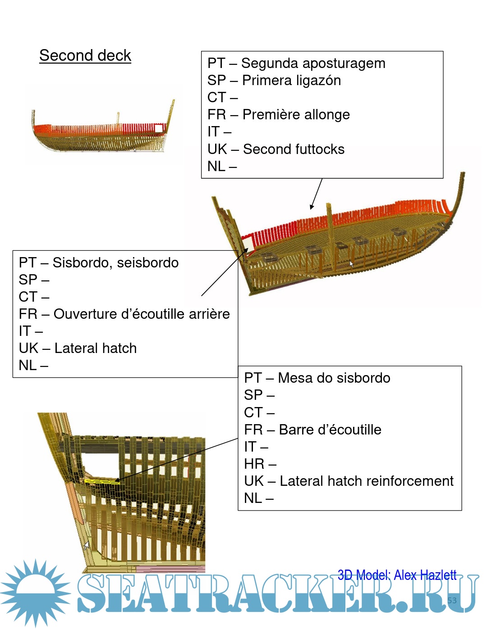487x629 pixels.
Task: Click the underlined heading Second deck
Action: coord(85,55)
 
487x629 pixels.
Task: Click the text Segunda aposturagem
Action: coord(313,63)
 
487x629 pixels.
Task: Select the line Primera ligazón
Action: coord(291,81)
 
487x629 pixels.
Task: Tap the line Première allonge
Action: coord(296,115)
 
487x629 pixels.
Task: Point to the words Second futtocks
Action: coord(294,149)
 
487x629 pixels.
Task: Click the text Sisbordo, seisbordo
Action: coord(115,263)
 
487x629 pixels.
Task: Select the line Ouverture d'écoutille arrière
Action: coord(142,314)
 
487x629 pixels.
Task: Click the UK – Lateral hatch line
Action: coord(78,348)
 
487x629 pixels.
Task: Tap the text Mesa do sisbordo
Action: coord(334,378)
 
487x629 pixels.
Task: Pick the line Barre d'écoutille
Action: coord(330,430)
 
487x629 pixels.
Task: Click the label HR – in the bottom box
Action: coord(260,464)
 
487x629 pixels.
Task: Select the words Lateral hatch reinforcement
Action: coord(366,481)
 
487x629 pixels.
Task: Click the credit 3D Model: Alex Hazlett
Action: coord(397,575)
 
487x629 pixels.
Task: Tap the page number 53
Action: coord(452,600)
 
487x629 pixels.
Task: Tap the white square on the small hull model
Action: coord(158,128)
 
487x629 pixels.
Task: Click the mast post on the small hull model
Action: coord(118,118)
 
